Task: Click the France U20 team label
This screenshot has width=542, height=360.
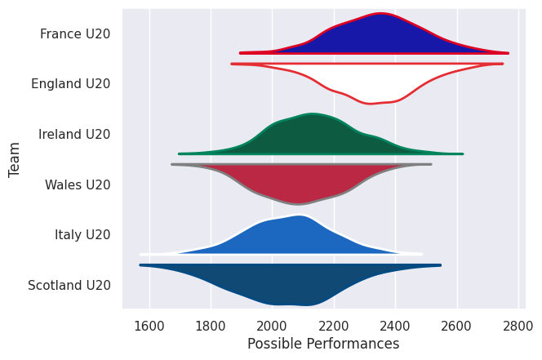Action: (75, 34)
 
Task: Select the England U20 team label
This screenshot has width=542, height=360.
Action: (70, 84)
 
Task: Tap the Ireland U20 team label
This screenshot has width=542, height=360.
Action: (74, 135)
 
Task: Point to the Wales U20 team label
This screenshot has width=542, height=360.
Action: (78, 185)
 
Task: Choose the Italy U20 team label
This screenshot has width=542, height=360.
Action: (82, 235)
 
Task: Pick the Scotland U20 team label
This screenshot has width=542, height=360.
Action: (69, 286)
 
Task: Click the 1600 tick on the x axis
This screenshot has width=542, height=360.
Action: (149, 323)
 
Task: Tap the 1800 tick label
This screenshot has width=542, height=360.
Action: (211, 323)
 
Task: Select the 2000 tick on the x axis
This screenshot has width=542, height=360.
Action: (273, 323)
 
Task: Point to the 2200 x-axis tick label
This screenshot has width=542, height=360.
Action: (334, 323)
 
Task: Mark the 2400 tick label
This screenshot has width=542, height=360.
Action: (395, 323)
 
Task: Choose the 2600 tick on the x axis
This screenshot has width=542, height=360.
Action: (457, 323)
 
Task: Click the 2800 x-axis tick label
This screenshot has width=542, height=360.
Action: (518, 323)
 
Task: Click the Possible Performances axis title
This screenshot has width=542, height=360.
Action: (323, 344)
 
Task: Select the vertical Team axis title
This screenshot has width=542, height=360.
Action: (15, 160)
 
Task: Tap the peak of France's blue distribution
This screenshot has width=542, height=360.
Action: (380, 16)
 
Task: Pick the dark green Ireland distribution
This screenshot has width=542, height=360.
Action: (310, 135)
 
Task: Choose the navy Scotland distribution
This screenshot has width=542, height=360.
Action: (294, 282)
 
